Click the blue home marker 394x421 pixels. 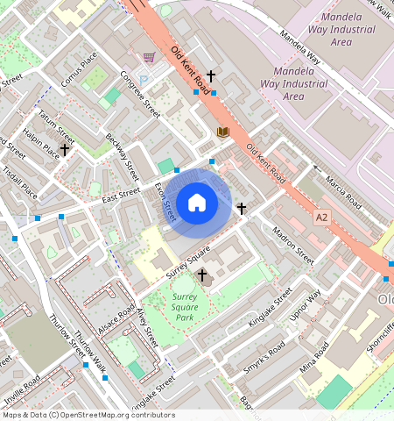coord(197,203)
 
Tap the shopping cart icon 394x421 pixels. coord(149,58)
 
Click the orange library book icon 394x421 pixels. coord(222,132)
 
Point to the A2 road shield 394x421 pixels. coord(322,216)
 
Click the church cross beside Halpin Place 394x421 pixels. coord(65,150)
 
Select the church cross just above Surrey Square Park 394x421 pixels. coord(202,275)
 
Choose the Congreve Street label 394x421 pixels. coord(140,95)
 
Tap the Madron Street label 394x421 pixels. coord(293,246)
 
